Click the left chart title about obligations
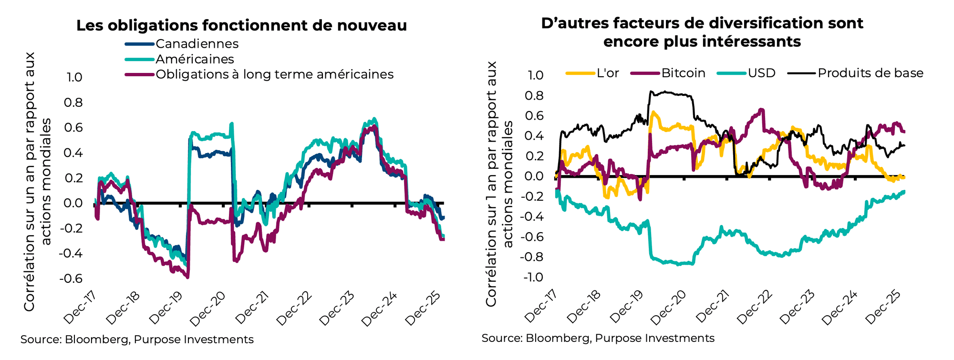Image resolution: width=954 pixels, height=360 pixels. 241,25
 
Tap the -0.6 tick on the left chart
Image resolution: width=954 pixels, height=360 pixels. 70,278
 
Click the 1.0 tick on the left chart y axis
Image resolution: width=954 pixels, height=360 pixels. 74,77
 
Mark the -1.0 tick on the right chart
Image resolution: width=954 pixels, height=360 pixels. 533,277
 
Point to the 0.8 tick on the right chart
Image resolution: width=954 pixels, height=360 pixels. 534,95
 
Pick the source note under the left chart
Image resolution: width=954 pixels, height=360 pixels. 137,339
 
